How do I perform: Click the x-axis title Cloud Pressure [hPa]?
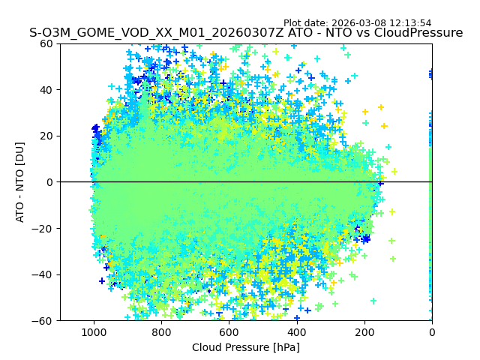click(x=245, y=347)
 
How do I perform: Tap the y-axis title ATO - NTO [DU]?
click(x=20, y=182)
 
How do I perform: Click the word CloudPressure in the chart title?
click(x=415, y=33)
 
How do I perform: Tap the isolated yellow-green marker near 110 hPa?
click(x=394, y=172)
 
